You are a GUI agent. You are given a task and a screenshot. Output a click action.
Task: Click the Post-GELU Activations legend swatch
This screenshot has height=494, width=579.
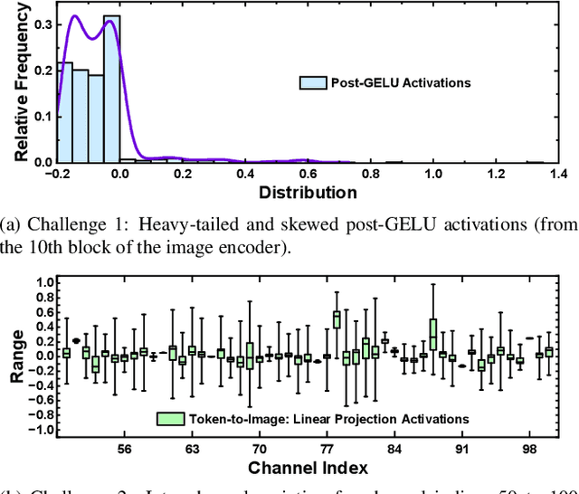pyautogui.click(x=312, y=83)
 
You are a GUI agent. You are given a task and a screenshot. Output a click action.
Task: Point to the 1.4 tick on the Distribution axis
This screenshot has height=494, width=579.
pyautogui.click(x=557, y=172)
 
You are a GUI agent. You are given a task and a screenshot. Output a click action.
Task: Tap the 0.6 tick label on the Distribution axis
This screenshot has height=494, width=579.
pyautogui.click(x=308, y=172)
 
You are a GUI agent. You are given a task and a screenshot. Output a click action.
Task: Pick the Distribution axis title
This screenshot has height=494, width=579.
pyautogui.click(x=308, y=192)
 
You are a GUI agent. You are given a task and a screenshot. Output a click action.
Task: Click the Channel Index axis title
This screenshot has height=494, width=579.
pyautogui.click(x=307, y=468)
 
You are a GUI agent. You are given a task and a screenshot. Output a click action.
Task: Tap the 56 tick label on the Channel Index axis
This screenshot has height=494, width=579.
pyautogui.click(x=125, y=450)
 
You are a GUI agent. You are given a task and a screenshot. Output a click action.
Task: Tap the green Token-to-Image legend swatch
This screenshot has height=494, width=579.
pyautogui.click(x=170, y=419)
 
